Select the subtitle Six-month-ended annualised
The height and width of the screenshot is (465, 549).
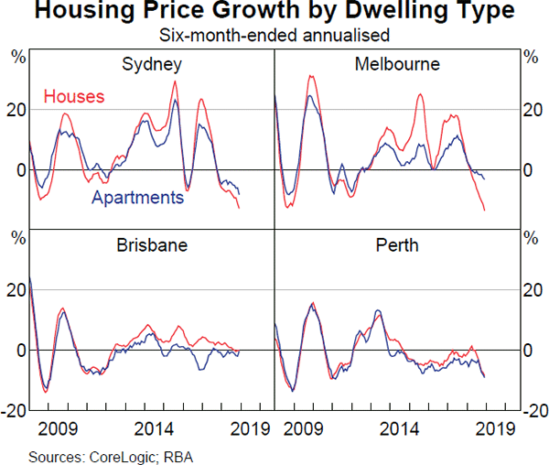[274, 36]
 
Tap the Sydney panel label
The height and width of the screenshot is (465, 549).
[152, 64]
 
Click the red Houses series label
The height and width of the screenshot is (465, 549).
[74, 96]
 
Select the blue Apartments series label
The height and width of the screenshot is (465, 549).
[137, 197]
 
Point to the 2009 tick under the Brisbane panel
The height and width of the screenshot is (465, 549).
[58, 427]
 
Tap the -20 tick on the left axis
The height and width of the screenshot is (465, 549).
[16, 411]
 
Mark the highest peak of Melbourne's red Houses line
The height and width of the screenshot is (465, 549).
[311, 77]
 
